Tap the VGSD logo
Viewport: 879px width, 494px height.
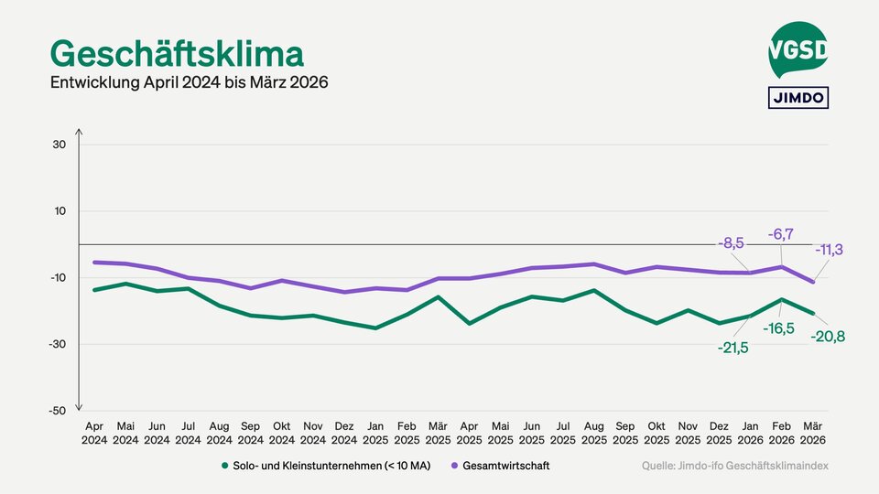tap(798, 50)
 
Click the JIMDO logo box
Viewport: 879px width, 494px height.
tap(798, 97)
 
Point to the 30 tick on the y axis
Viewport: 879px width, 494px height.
tap(59, 145)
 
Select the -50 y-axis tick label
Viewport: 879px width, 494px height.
tap(57, 411)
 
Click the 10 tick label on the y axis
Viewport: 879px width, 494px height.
tap(59, 211)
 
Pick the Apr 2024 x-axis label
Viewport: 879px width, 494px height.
tap(94, 433)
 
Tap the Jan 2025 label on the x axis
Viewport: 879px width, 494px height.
tap(375, 433)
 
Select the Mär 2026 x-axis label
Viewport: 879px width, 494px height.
tap(813, 433)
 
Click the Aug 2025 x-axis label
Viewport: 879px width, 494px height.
tap(594, 433)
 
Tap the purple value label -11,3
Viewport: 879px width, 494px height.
tap(829, 249)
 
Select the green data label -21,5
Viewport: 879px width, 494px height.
tap(732, 348)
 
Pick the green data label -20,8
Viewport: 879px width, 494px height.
tap(828, 337)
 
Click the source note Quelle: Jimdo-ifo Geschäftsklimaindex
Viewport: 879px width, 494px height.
tap(734, 466)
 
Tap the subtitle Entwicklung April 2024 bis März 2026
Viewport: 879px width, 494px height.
tap(189, 82)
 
